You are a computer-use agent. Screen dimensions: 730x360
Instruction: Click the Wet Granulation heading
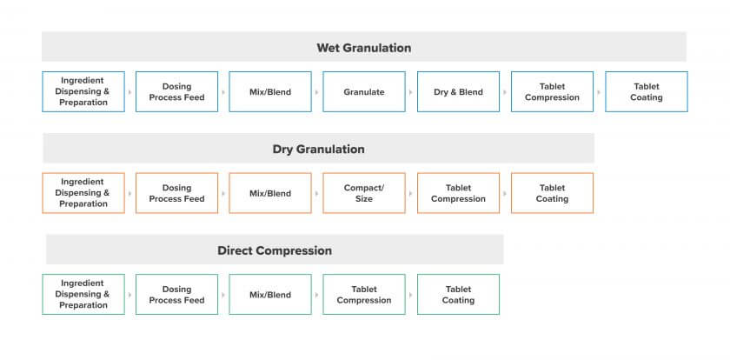363,48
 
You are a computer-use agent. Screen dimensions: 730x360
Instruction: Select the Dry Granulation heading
318,149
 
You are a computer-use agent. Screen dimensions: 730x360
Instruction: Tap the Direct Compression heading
275,250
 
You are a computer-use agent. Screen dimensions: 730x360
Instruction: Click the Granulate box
364,92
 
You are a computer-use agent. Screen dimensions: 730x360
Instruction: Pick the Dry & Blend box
458,92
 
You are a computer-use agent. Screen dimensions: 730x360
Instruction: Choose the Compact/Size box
364,193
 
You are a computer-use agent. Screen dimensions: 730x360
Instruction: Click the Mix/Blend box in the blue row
270,92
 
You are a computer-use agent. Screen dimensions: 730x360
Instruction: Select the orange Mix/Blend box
270,193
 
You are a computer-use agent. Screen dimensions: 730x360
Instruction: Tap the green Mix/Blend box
270,294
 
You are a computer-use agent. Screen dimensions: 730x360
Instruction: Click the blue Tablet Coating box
647,92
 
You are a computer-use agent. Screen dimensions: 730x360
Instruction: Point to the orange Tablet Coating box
552,193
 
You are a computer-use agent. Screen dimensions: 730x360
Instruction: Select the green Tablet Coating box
458,294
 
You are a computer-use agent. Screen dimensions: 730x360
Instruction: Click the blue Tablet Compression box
552,92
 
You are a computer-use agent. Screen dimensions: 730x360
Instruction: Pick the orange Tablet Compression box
458,193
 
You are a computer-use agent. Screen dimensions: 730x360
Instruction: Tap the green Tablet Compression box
364,294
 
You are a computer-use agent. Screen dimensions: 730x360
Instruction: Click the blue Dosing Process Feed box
177,92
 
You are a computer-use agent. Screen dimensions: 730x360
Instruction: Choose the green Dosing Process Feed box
177,294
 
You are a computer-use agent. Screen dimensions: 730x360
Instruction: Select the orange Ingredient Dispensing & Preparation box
83,193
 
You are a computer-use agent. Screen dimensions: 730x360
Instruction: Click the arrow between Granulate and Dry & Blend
410,92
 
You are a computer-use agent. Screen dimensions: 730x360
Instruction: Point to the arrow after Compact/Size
410,194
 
